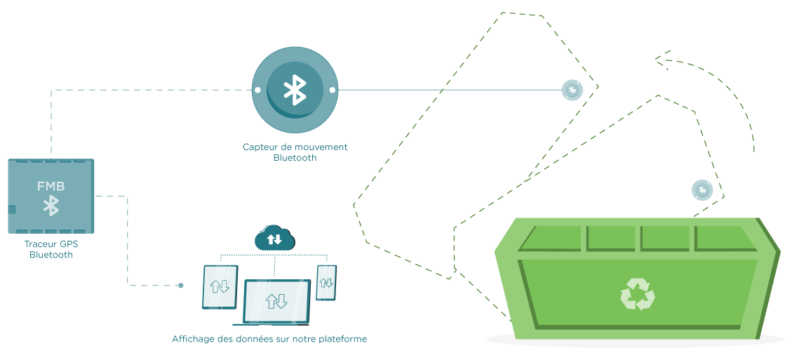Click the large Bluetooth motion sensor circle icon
(x=295, y=90)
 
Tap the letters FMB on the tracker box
(x=51, y=187)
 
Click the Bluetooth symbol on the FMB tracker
(x=51, y=206)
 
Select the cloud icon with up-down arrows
(x=275, y=239)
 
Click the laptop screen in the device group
(x=276, y=301)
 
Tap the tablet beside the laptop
(x=220, y=286)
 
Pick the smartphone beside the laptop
(x=326, y=282)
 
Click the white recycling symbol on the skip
(x=637, y=294)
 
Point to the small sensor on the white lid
(x=702, y=189)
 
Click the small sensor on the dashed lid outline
(x=572, y=90)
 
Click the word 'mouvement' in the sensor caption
(x=314, y=147)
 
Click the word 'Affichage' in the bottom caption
(x=191, y=339)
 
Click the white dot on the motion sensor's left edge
(x=257, y=90)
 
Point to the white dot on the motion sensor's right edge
(x=333, y=90)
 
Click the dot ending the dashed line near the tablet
(x=180, y=285)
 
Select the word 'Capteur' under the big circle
(x=259, y=147)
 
